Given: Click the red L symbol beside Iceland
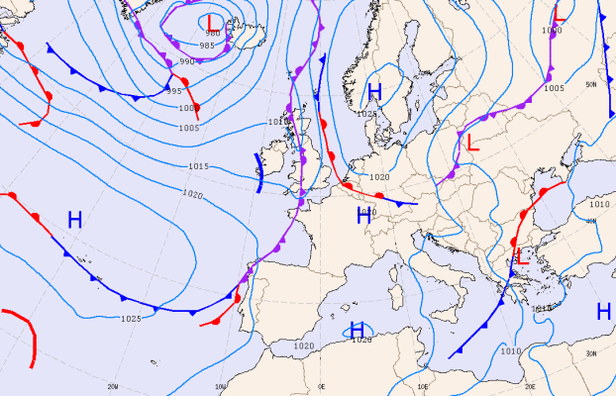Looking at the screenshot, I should (x=210, y=21).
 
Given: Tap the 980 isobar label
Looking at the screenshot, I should (x=213, y=34).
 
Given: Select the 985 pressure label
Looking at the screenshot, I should (x=207, y=46).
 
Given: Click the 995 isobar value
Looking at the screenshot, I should (x=173, y=91).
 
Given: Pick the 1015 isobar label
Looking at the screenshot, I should (x=198, y=166).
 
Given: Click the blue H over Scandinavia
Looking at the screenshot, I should (x=374, y=93).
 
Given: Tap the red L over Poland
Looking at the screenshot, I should (x=472, y=143).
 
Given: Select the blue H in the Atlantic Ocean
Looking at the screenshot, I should (x=74, y=220).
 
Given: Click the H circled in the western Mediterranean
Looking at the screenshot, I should (x=358, y=330).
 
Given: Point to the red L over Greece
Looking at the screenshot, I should (x=516, y=256).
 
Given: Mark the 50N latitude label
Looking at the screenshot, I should (x=591, y=84).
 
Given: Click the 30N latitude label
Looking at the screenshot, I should (x=591, y=353).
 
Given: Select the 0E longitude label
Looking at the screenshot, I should (x=321, y=386).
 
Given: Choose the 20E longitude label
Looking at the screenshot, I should (x=530, y=387).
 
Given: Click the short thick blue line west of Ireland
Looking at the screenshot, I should (x=259, y=171).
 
